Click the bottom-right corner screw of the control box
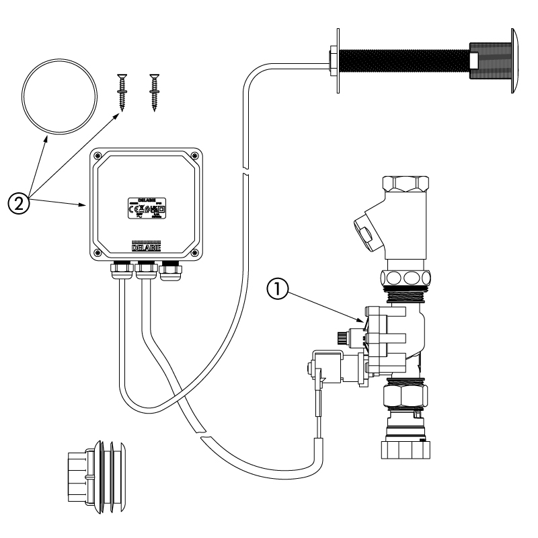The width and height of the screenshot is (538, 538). tap(194, 253)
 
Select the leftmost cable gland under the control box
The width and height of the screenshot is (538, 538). tap(121, 270)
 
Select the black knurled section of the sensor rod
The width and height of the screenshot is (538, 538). tap(403, 61)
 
